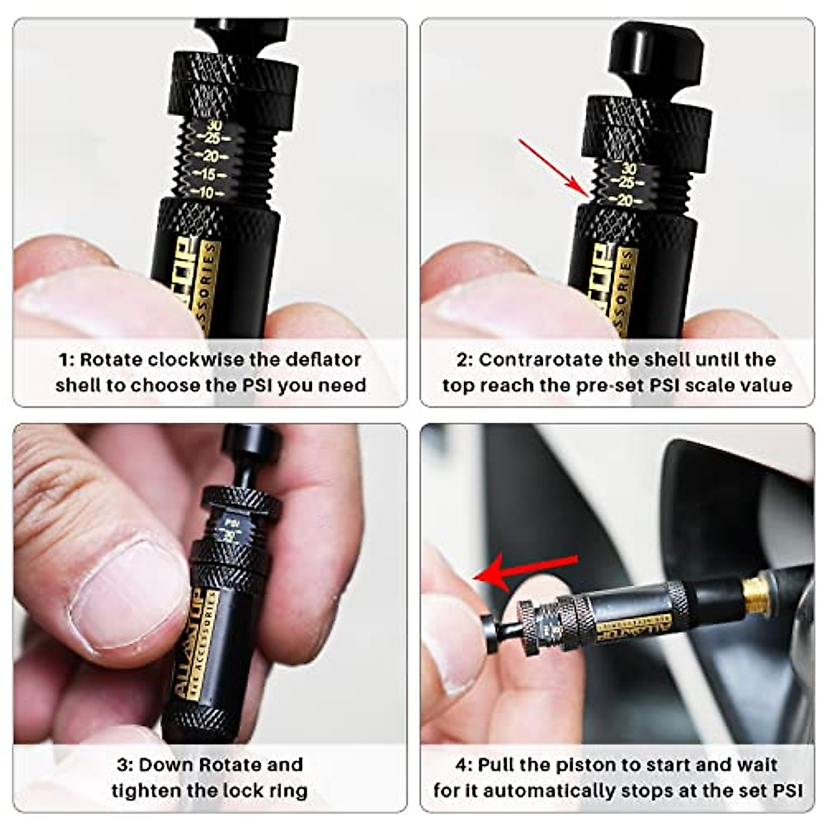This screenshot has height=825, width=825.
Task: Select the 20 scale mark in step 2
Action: point(625,200)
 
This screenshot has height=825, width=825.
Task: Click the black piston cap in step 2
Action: point(657,54)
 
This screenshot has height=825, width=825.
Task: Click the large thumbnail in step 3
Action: point(127,592)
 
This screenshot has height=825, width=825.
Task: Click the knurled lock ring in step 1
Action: point(234,82)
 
